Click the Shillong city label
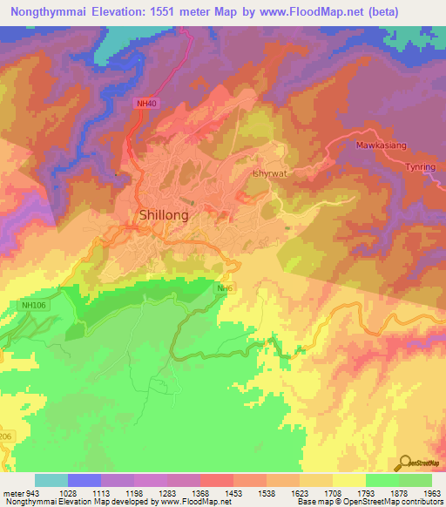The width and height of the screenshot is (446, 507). click(164, 214)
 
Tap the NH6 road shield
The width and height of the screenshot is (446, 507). click(225, 288)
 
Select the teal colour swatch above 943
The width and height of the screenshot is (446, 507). click(51, 481)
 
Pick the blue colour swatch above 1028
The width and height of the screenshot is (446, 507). click(84, 481)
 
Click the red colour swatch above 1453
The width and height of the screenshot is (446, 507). click(216, 481)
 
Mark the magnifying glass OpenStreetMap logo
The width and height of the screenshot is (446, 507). click(404, 463)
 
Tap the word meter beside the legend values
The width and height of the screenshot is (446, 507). click(13, 494)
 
